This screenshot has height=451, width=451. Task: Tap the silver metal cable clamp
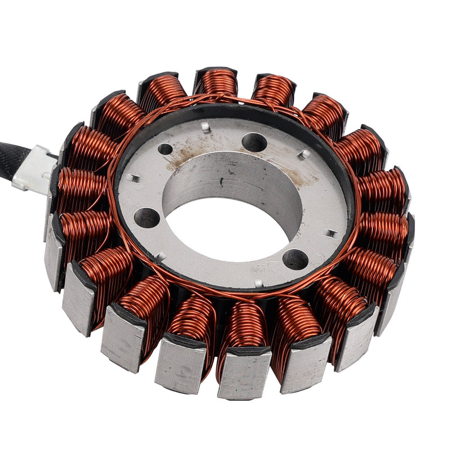tap(35, 169)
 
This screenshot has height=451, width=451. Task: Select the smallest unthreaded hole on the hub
tap(165, 149)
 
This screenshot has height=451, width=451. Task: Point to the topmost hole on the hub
tap(254, 142)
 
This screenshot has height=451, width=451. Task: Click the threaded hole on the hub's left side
tap(147, 217)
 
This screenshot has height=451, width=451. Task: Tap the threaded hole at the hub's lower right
tap(295, 259)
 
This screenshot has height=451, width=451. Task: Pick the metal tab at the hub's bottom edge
tap(259, 283)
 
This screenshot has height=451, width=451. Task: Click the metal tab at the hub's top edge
tap(206, 128)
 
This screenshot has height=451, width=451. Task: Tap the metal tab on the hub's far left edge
tap(134, 178)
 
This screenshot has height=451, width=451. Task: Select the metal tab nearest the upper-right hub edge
tap(304, 154)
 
